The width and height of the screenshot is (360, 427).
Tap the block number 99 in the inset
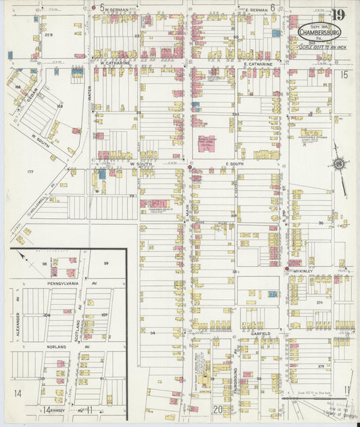click(x=106, y=263)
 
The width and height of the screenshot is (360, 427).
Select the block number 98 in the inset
click(x=45, y=263)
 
